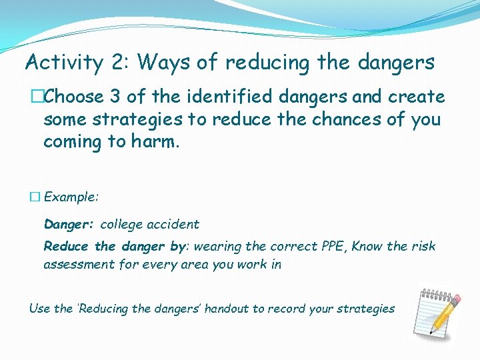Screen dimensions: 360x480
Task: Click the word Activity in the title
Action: coord(63,63)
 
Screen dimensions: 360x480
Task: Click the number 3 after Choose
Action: coord(115,97)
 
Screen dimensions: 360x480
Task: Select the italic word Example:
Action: coord(71,197)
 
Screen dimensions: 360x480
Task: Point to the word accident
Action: coord(173,225)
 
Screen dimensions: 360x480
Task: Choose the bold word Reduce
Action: coord(66,247)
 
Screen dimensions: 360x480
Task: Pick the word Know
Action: coord(367,247)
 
